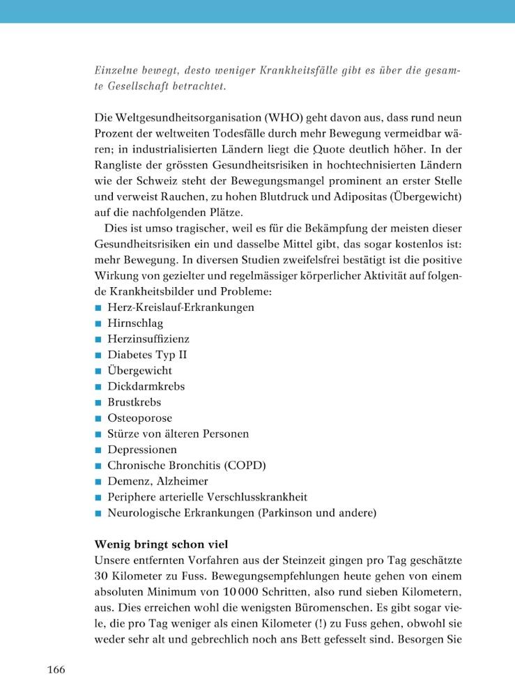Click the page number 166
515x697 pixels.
coord(56,671)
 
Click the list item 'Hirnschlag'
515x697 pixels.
coord(134,323)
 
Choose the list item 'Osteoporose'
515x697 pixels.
coord(139,418)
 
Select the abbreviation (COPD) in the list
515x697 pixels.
coord(241,466)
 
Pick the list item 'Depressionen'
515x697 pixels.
coord(141,450)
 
